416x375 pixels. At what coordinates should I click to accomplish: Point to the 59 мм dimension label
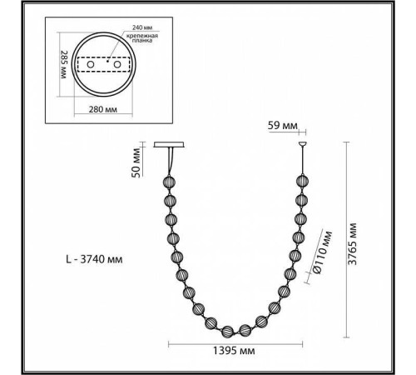(281, 127)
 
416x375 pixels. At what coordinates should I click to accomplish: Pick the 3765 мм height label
(354, 242)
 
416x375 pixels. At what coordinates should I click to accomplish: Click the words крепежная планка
(135, 42)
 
